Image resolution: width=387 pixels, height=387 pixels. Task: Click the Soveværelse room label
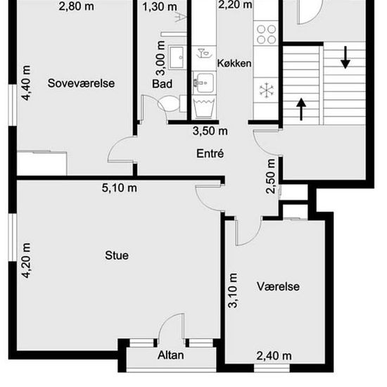click(x=81, y=83)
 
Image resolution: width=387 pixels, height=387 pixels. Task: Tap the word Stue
click(x=117, y=255)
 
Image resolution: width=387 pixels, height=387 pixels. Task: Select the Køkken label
click(x=234, y=63)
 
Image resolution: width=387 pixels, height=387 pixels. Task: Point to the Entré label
click(x=210, y=153)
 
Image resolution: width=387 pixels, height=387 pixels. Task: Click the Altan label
click(x=170, y=355)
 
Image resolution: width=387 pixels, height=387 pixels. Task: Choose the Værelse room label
click(x=278, y=286)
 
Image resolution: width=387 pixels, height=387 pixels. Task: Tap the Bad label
click(x=162, y=84)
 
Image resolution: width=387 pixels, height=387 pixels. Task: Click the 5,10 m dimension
click(x=119, y=188)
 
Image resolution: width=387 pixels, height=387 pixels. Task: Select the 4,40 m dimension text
click(x=26, y=83)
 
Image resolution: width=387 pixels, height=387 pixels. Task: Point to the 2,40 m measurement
click(x=274, y=356)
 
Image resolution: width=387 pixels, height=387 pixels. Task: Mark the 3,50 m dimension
click(x=210, y=131)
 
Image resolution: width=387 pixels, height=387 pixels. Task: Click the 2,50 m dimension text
click(x=271, y=176)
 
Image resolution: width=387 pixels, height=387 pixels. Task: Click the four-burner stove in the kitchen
click(x=266, y=34)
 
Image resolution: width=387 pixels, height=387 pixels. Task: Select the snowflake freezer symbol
click(x=267, y=90)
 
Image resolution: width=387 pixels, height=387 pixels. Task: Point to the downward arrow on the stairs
click(x=345, y=58)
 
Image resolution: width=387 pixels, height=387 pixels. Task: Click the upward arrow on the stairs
click(x=301, y=109)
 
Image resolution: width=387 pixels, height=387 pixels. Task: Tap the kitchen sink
click(x=203, y=83)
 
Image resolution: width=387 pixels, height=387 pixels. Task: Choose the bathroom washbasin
click(x=177, y=58)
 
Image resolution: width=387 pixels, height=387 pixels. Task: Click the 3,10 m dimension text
click(x=233, y=291)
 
